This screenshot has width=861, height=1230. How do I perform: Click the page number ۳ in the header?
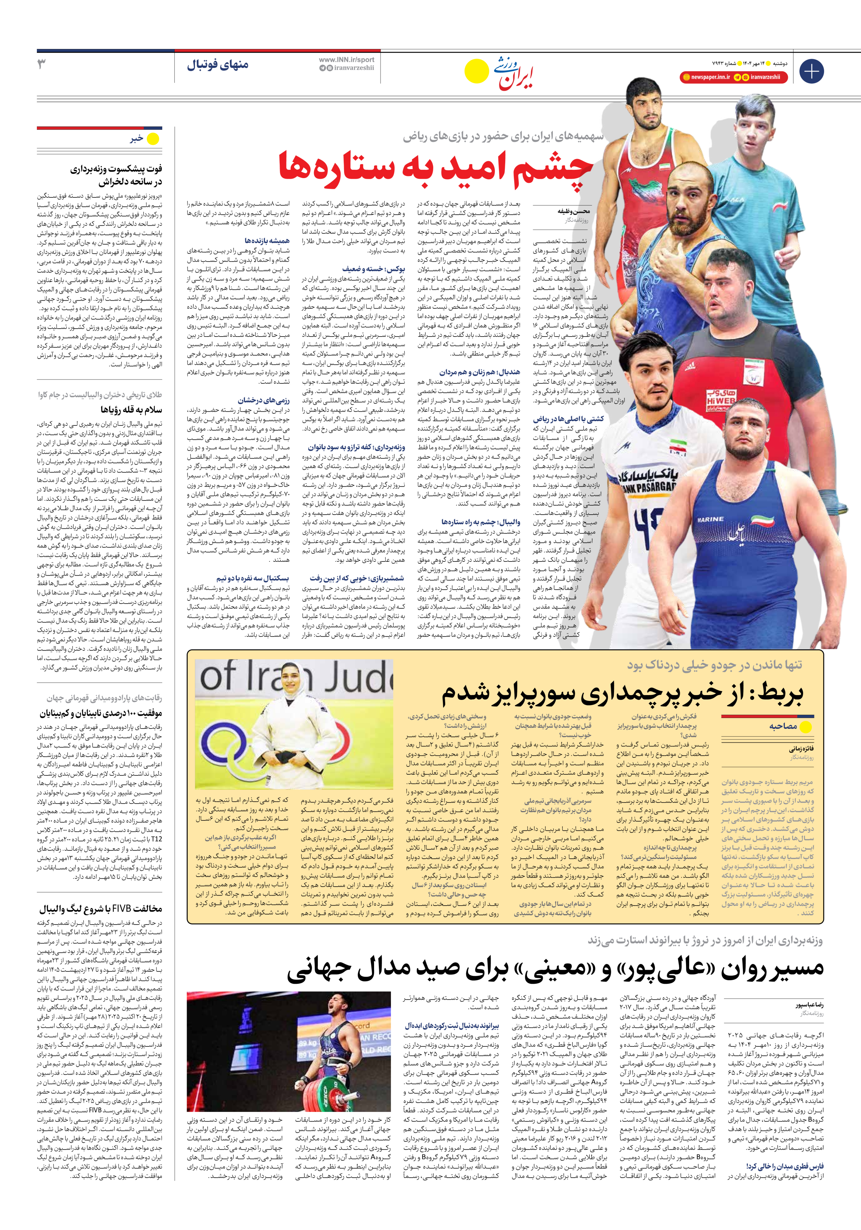pos(42,65)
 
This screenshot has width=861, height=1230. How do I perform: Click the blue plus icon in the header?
pos(811,71)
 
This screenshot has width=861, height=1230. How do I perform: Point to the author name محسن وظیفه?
pos(573,211)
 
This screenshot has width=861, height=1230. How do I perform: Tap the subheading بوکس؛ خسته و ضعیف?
pos(373,269)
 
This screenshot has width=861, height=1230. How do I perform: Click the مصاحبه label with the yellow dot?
pos(783,726)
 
